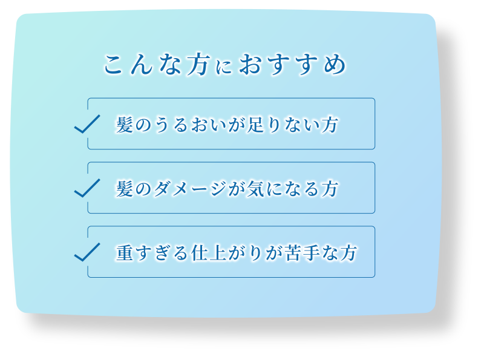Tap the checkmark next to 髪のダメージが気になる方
[87, 188]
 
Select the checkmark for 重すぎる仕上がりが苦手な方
[87, 252]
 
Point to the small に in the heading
[223, 67]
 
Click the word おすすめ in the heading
[293, 64]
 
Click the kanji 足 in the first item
[255, 125]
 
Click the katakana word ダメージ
[191, 189]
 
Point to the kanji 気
[255, 189]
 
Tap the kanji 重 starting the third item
[125, 253]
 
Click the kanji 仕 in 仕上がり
[200, 253]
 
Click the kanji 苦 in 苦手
[293, 253]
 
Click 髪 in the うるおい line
[125, 125]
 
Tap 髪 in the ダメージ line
[125, 189]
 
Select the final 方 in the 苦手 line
[349, 253]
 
